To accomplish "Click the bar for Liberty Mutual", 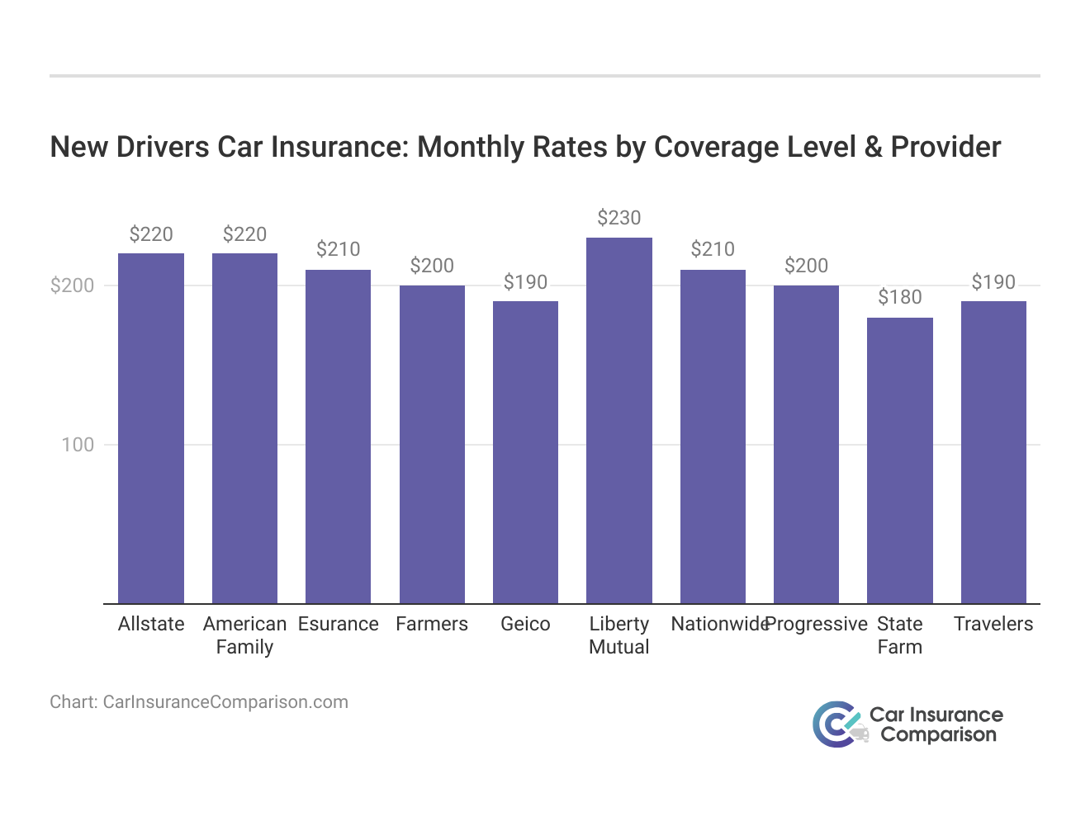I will [619, 421].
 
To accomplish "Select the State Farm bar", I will [900, 460].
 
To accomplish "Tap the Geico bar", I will [525, 452].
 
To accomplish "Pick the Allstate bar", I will [151, 428].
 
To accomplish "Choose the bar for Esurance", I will [338, 437].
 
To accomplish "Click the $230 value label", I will [619, 218].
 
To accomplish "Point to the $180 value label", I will [900, 297].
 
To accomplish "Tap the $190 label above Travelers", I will [993, 282].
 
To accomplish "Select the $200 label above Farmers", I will [432, 266].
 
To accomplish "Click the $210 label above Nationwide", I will [713, 249].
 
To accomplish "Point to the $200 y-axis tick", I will [73, 286].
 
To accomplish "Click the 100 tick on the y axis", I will [78, 445].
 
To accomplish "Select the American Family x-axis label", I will [244, 635].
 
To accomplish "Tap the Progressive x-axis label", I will [817, 624].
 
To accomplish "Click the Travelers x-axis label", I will [993, 624].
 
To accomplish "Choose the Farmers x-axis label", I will [432, 624].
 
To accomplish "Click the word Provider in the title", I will [945, 147].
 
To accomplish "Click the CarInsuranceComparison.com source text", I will [225, 702].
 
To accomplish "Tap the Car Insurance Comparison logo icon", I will [836, 724].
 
